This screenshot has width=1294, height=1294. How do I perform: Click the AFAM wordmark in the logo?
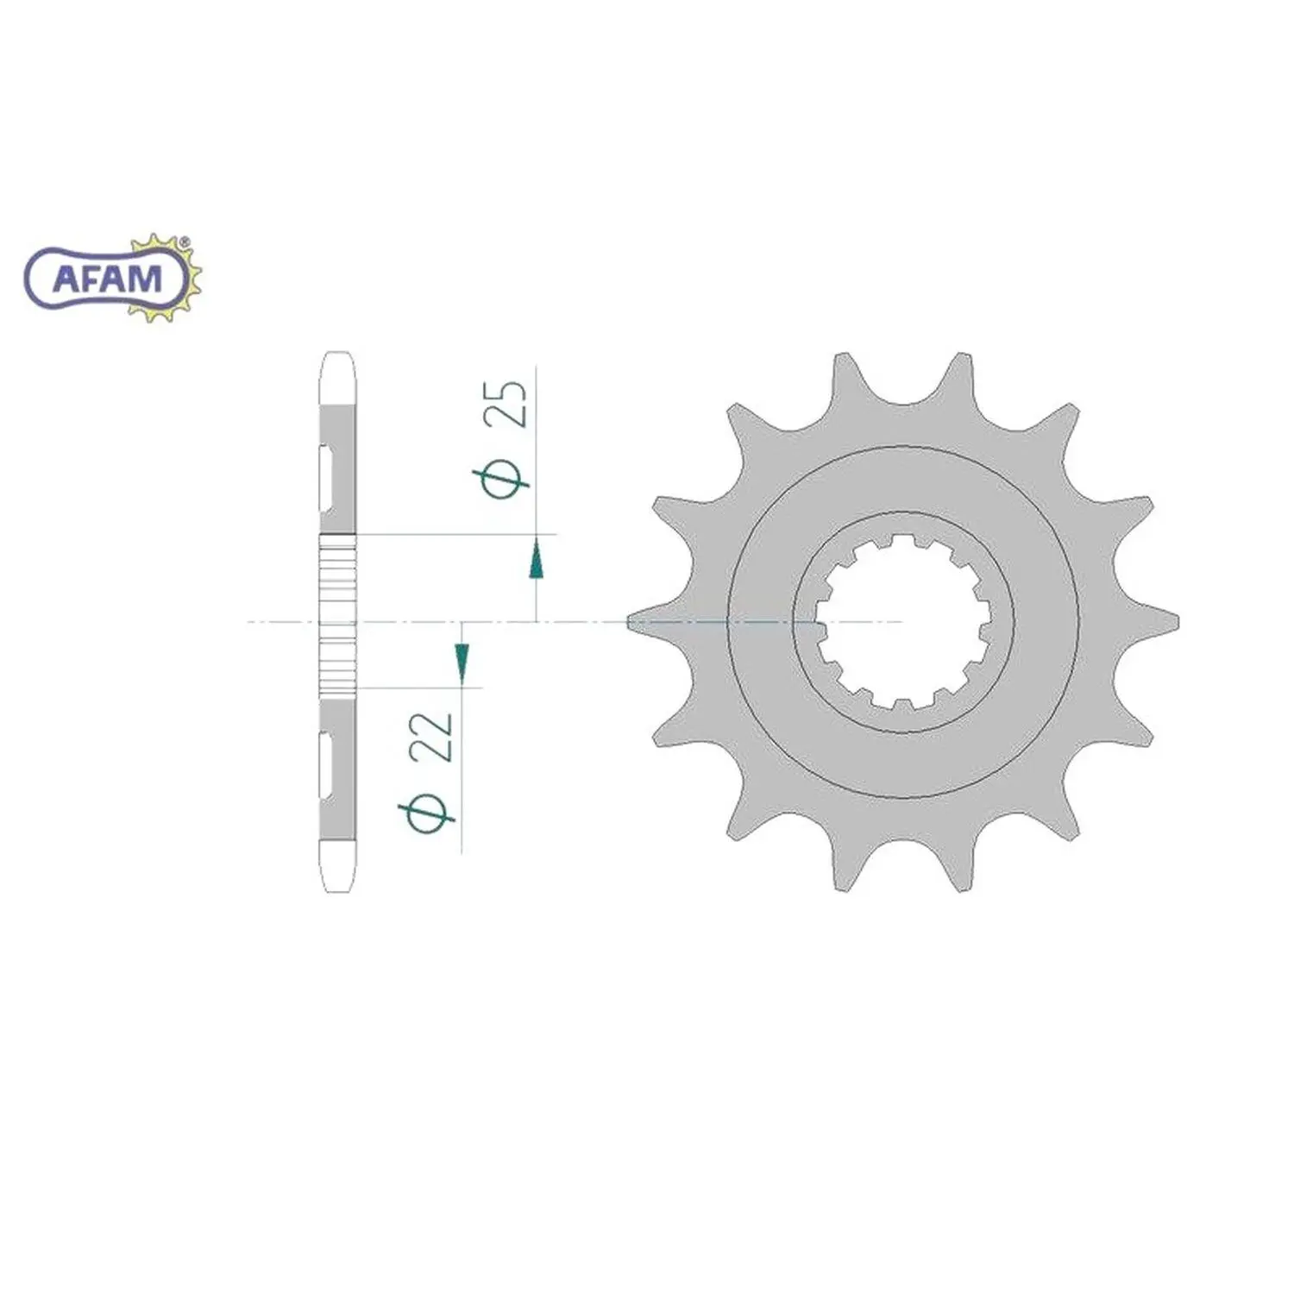108,278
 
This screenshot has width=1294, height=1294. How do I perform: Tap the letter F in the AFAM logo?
94,278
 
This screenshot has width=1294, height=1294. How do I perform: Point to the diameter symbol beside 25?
501,482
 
